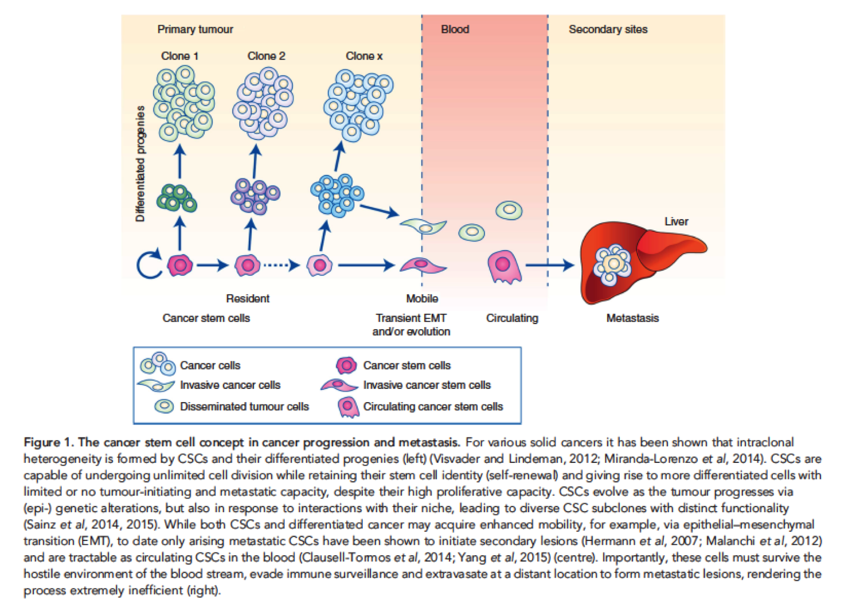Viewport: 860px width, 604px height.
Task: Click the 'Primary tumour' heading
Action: pyautogui.click(x=195, y=29)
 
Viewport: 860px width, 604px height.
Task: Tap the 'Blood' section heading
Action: pyautogui.click(x=455, y=29)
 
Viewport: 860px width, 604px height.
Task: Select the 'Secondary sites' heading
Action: pyautogui.click(x=608, y=29)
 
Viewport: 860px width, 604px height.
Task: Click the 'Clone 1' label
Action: pyautogui.click(x=179, y=56)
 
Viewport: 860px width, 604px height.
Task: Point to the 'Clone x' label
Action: pyautogui.click(x=363, y=56)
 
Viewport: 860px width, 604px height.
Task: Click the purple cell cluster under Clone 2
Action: pyautogui.click(x=255, y=197)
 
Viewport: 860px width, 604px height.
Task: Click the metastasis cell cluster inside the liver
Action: pyautogui.click(x=613, y=264)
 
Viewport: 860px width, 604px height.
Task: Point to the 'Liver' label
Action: pyautogui.click(x=676, y=221)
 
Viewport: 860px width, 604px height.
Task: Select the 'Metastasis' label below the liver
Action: pyautogui.click(x=632, y=318)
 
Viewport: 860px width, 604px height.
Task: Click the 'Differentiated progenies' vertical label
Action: pyautogui.click(x=140, y=164)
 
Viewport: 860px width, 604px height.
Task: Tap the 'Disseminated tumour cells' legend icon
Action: pyautogui.click(x=165, y=406)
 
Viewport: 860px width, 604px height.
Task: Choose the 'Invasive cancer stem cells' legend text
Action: pyautogui.click(x=427, y=385)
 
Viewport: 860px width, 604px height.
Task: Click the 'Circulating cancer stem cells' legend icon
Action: pyautogui.click(x=347, y=407)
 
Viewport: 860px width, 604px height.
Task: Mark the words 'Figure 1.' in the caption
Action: pyautogui.click(x=49, y=442)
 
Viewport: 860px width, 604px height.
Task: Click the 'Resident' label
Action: pyautogui.click(x=247, y=299)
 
